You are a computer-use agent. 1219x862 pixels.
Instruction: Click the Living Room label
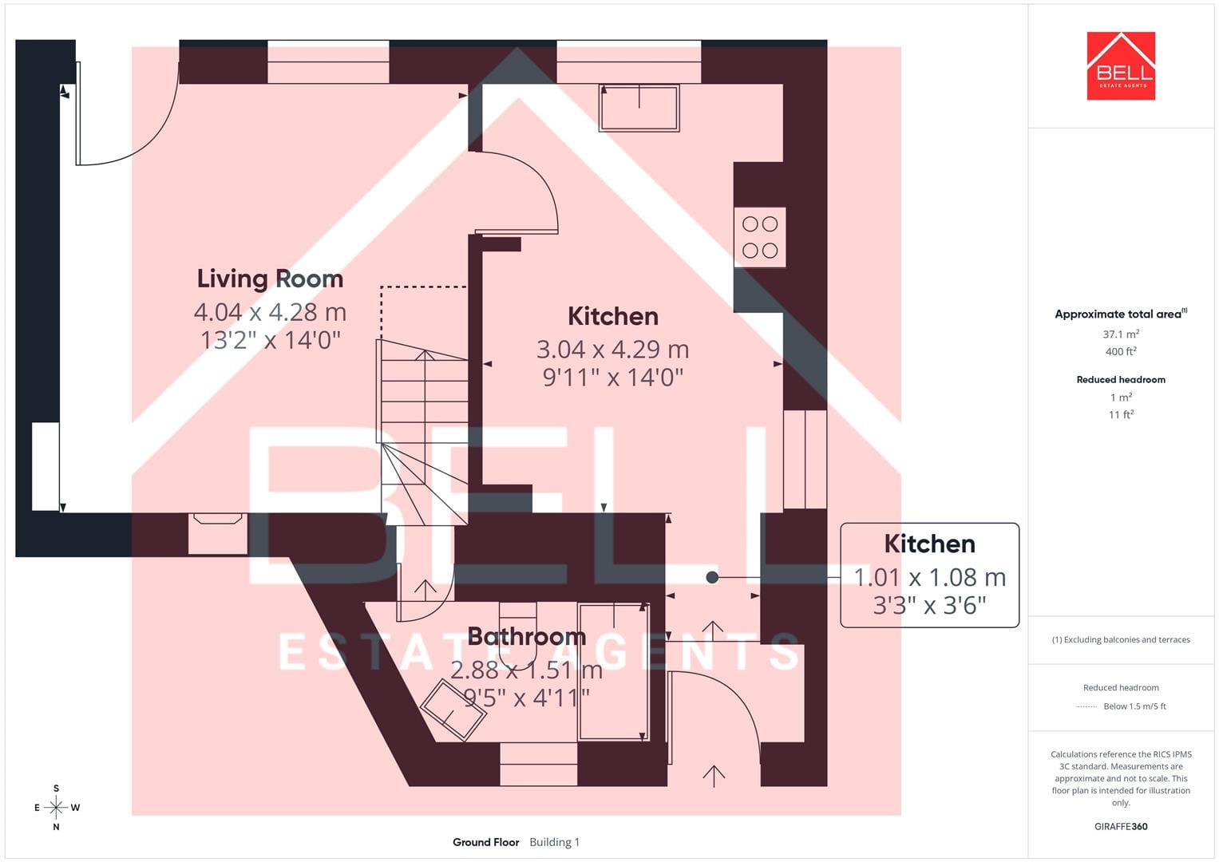click(270, 279)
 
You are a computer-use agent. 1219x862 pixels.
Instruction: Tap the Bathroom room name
click(527, 637)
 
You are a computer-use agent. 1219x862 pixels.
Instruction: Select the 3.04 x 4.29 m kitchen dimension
click(613, 350)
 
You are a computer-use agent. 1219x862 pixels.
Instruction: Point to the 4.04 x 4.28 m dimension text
click(270, 312)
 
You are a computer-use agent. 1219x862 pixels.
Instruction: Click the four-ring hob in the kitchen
click(760, 237)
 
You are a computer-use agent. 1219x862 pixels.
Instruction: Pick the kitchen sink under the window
click(639, 108)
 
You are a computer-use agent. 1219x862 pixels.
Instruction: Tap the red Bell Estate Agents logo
click(1121, 65)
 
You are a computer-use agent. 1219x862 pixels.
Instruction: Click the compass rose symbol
click(56, 808)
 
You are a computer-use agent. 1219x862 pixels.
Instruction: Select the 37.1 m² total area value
click(1121, 334)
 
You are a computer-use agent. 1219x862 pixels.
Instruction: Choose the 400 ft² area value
click(1121, 351)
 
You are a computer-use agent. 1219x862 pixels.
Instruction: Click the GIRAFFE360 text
click(1121, 827)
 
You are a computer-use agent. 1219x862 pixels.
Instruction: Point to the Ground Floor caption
click(486, 842)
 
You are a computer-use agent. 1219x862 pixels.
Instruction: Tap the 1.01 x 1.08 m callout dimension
click(929, 577)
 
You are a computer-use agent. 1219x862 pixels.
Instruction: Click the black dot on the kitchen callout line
click(712, 577)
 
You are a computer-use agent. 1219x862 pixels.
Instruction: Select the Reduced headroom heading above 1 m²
click(1121, 380)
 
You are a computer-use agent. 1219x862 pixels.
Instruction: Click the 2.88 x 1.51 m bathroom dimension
click(526, 670)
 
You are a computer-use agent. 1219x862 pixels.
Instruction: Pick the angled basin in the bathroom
click(453, 710)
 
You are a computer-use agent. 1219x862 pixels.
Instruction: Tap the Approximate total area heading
click(1121, 314)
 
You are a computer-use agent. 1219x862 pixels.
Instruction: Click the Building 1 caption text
click(555, 842)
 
